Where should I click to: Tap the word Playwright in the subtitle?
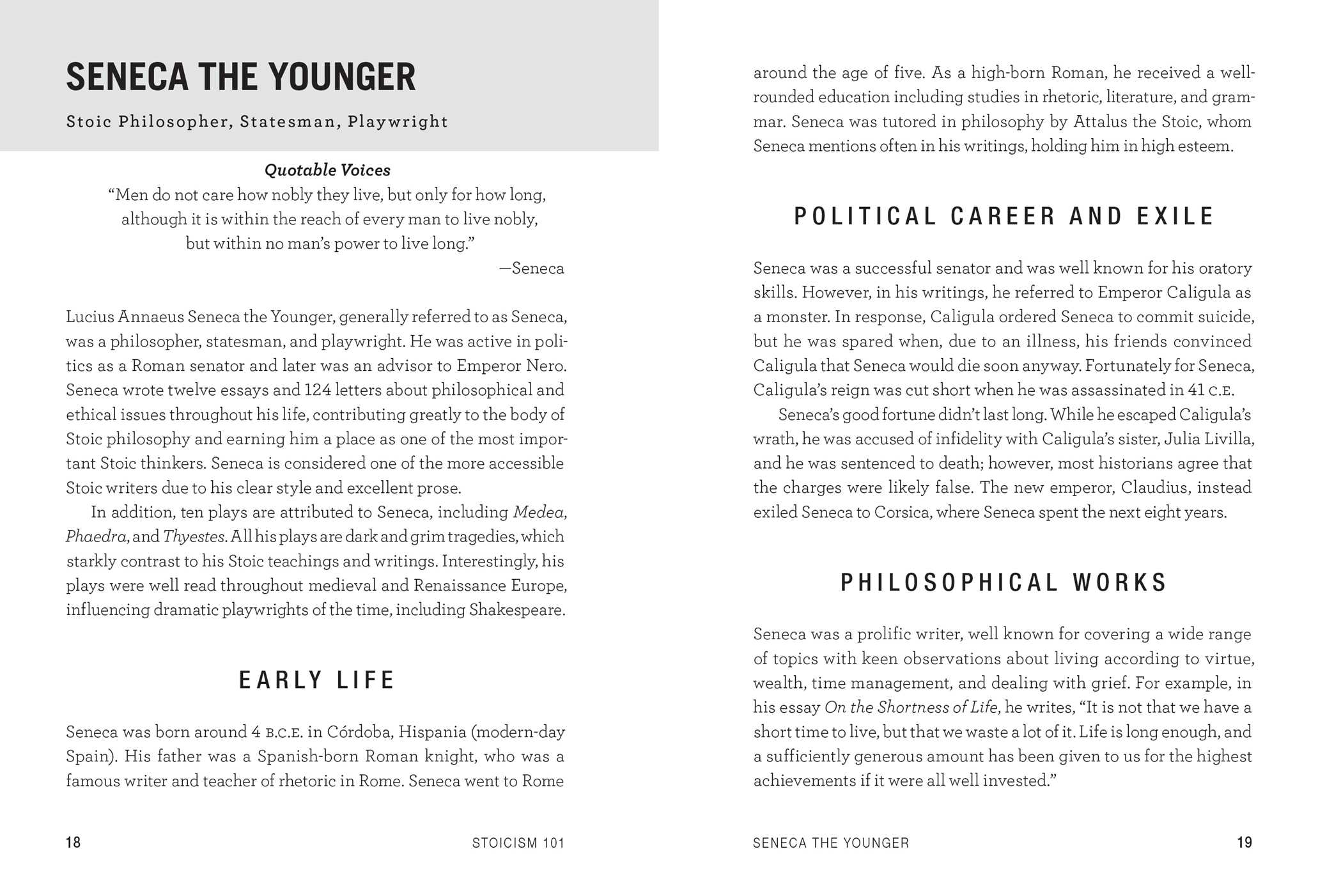coord(398,121)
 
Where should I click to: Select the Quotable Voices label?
coord(327,170)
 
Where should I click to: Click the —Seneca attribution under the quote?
coord(531,268)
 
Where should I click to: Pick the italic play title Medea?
coord(538,512)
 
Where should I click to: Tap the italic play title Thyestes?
coord(193,536)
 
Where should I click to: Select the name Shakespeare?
coord(516,609)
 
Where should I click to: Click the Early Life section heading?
coord(317,680)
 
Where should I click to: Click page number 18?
coord(74,843)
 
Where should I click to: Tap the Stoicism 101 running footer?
coord(518,843)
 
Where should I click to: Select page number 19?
coord(1244,843)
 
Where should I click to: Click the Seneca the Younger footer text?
coord(831,843)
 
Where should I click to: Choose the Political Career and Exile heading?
coord(1004,217)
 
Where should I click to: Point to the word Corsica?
coord(902,512)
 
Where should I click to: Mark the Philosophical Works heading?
coord(1004,582)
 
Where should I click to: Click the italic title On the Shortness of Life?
coord(911,708)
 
